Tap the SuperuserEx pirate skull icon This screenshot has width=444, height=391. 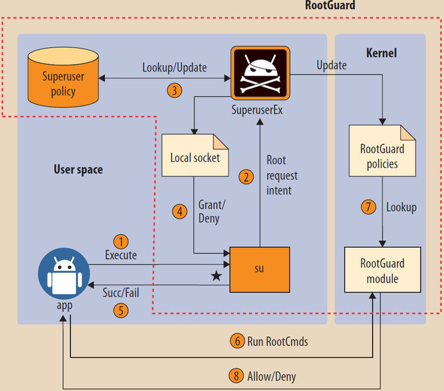pos(259,73)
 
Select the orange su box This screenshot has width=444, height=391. pos(259,269)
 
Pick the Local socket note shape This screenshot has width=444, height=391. pos(194,156)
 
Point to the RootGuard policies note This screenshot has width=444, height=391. pos(382,156)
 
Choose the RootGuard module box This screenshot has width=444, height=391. pos(382,270)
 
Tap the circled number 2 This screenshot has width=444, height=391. pos(246,177)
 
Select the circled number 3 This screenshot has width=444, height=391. pos(175,91)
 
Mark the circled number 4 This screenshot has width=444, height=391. pos(179,212)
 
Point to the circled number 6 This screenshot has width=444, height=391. pos(237,341)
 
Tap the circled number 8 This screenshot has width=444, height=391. pos(237,375)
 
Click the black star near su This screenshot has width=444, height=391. pos(216,276)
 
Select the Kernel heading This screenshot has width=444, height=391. pos(381,53)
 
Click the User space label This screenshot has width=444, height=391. pos(78,169)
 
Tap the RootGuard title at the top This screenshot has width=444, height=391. pos(330,6)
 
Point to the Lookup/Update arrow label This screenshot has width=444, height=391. pos(175,67)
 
